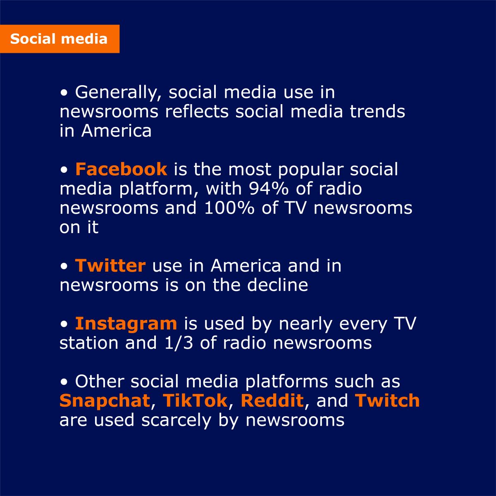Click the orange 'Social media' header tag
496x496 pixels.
point(60,39)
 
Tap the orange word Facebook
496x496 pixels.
point(121,169)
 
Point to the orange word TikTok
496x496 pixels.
point(195,401)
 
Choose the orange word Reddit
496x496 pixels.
point(272,401)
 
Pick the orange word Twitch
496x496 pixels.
point(387,401)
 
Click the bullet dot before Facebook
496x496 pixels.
point(64,170)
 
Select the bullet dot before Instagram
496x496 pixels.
point(64,324)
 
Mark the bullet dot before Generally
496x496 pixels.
point(64,93)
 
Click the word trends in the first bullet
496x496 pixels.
point(377,112)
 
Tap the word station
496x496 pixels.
point(89,343)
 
